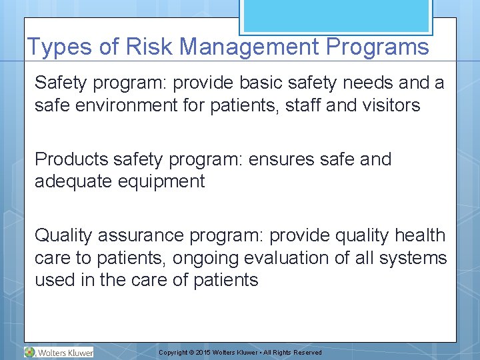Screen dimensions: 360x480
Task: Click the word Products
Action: coord(71,159)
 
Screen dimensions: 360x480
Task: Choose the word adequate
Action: coord(73,181)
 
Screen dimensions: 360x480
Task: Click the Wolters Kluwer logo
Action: coord(59,352)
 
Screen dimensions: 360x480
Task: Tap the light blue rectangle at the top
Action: coord(335,15)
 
